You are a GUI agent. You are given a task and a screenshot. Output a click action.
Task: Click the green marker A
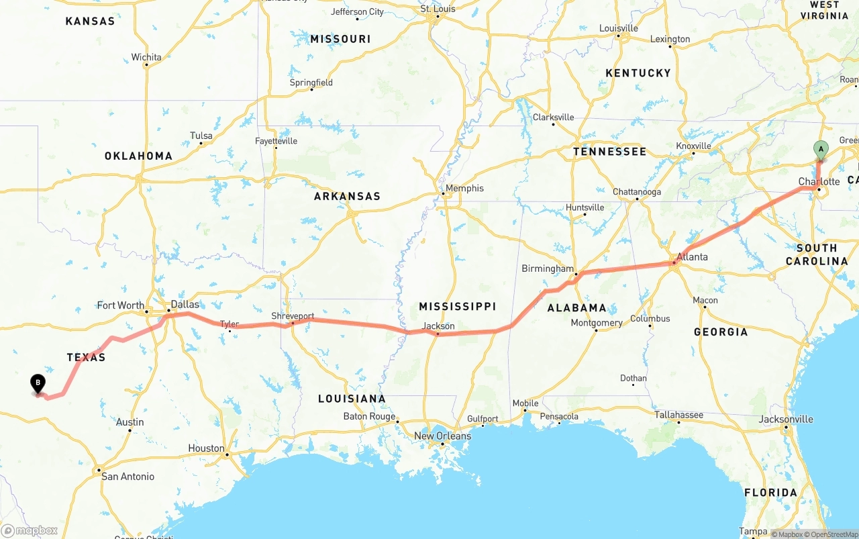pyautogui.click(x=820, y=149)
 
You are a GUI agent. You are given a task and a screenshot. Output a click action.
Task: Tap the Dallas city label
pyautogui.click(x=185, y=304)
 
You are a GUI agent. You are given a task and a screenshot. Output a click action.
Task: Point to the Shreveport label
pyautogui.click(x=293, y=315)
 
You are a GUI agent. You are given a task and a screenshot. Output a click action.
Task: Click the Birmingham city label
pyautogui.click(x=548, y=268)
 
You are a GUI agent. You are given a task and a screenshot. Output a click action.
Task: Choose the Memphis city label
pyautogui.click(x=464, y=188)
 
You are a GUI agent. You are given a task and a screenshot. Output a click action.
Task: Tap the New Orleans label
pyautogui.click(x=442, y=436)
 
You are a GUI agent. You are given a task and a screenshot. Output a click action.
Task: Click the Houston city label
pyautogui.click(x=206, y=448)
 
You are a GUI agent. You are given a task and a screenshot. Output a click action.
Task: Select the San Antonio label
pyautogui.click(x=128, y=477)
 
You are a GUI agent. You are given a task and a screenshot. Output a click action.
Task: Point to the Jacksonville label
pyautogui.click(x=786, y=419)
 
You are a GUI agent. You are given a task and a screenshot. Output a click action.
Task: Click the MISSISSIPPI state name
pyautogui.click(x=458, y=306)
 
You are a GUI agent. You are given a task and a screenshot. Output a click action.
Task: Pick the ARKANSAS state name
pyautogui.click(x=347, y=196)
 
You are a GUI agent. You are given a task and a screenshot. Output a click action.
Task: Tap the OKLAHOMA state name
pyautogui.click(x=138, y=156)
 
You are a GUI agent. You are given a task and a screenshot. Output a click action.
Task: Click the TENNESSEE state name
pyautogui.click(x=609, y=152)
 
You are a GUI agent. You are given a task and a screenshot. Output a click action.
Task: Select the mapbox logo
pyautogui.click(x=30, y=530)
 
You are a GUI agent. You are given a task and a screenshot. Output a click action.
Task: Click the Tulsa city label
pyautogui.click(x=201, y=136)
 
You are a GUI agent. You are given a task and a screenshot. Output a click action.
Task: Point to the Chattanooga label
pyautogui.click(x=636, y=192)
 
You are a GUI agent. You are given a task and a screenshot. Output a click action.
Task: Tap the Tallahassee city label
pyautogui.click(x=678, y=415)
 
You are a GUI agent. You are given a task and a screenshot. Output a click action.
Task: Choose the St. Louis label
pyautogui.click(x=438, y=9)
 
